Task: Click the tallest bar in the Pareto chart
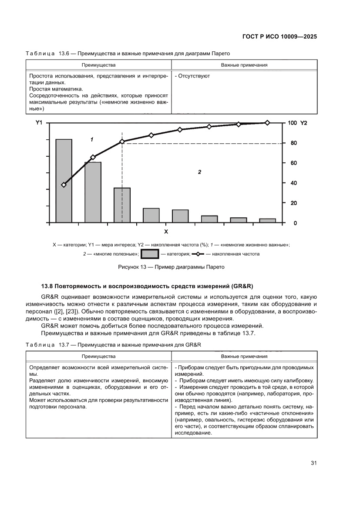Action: [64, 181]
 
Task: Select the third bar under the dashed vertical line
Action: [122, 205]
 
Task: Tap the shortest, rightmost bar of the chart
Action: [267, 221]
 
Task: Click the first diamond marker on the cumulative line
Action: [64, 185]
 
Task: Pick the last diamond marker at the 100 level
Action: [267, 123]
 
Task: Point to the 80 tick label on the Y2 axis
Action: [294, 143]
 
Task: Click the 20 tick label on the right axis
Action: [294, 203]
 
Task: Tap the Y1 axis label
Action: [39, 123]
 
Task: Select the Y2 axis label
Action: [303, 123]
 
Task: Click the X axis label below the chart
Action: [166, 231]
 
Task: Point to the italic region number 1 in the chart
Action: [92, 140]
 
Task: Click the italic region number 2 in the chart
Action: [199, 172]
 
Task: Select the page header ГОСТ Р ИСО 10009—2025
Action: [279, 37]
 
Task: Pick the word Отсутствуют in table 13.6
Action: [194, 76]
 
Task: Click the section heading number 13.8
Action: [47, 286]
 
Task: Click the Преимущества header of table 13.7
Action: [98, 356]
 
